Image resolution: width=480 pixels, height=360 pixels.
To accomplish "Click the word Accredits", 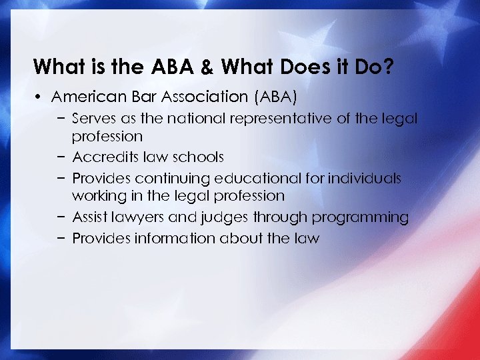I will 103,157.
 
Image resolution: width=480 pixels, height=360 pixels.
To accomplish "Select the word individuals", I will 363,178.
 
